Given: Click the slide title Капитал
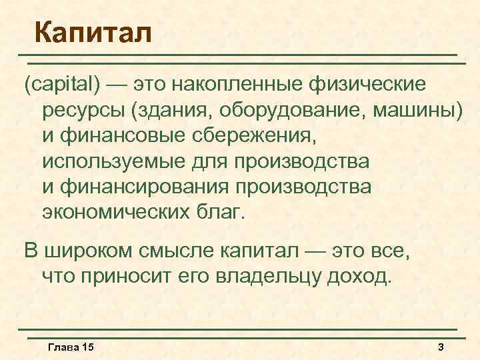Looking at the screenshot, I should (93, 31).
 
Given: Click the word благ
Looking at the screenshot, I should (225, 213).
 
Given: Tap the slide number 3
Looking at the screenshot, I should (441, 348).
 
